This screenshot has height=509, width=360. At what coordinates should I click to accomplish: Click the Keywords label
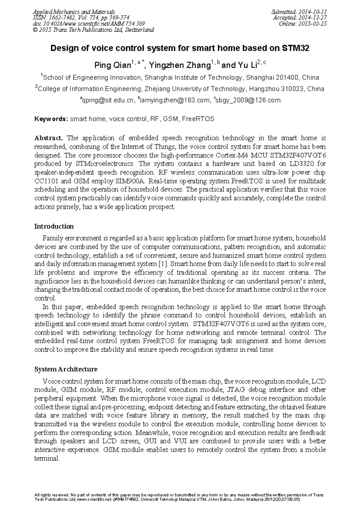[x=51, y=119]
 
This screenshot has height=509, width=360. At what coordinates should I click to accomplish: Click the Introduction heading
[x=54, y=226]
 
